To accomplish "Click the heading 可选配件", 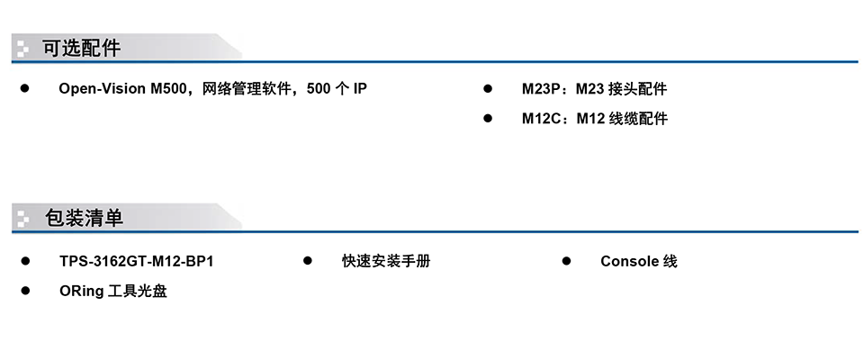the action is click(82, 49).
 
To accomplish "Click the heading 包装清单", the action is click(84, 219).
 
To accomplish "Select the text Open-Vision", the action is click(103, 89).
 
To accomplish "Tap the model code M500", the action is click(168, 89).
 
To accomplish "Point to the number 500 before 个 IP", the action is click(319, 89).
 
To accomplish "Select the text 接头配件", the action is click(637, 89).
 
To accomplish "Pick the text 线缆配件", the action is click(638, 119).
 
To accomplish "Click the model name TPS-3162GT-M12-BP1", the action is click(137, 261).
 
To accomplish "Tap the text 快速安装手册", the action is click(386, 261).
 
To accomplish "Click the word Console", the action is click(630, 261).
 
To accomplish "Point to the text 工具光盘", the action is click(137, 291).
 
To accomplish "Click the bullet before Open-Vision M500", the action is click(25, 88).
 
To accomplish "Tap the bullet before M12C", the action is click(488, 118).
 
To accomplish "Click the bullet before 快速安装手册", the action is click(308, 261).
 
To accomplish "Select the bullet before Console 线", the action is click(566, 261).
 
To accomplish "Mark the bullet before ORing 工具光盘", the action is click(25, 291).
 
